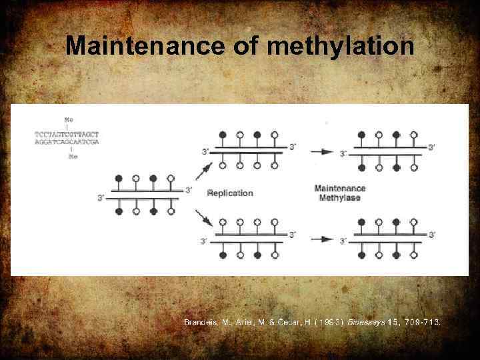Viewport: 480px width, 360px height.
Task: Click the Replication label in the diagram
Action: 230,193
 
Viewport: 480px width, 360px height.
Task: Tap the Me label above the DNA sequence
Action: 69,119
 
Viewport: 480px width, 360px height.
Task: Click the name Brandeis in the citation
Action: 202,322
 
